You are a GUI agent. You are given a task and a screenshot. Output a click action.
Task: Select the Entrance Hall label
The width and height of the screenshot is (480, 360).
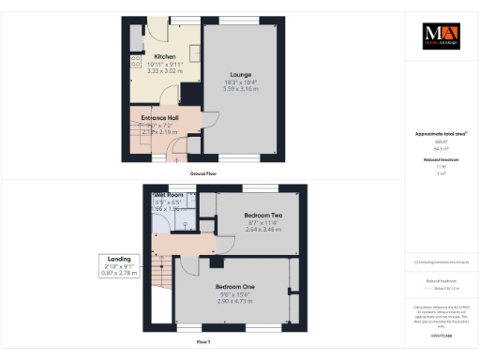click(x=159, y=117)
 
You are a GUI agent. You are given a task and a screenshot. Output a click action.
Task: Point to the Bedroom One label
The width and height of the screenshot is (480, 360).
click(x=236, y=286)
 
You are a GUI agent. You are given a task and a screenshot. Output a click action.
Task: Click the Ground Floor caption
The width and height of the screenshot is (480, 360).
click(x=204, y=173)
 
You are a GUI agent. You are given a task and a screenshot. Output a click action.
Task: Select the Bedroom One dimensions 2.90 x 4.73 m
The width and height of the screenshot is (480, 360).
click(x=236, y=301)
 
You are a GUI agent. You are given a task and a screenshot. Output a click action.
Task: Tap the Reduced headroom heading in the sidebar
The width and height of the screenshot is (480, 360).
click(x=440, y=159)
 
